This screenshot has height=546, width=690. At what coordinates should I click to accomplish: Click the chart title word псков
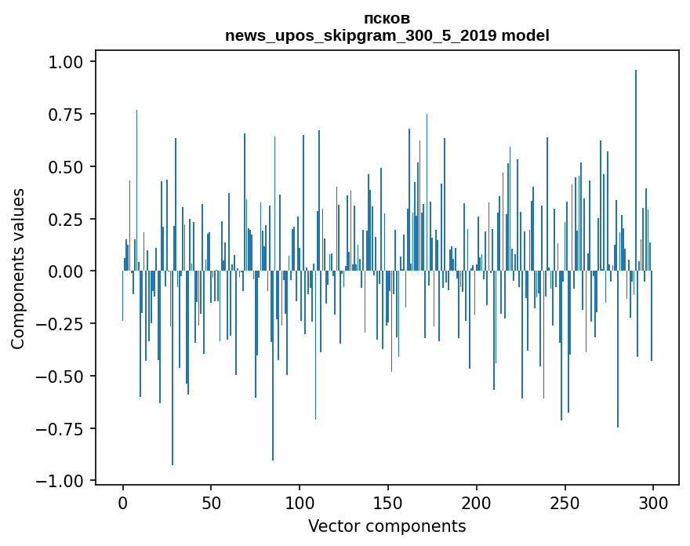tap(387, 18)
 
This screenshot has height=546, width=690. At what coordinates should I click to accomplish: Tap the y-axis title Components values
tap(18, 268)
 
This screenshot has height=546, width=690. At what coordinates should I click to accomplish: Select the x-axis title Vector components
tap(387, 526)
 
